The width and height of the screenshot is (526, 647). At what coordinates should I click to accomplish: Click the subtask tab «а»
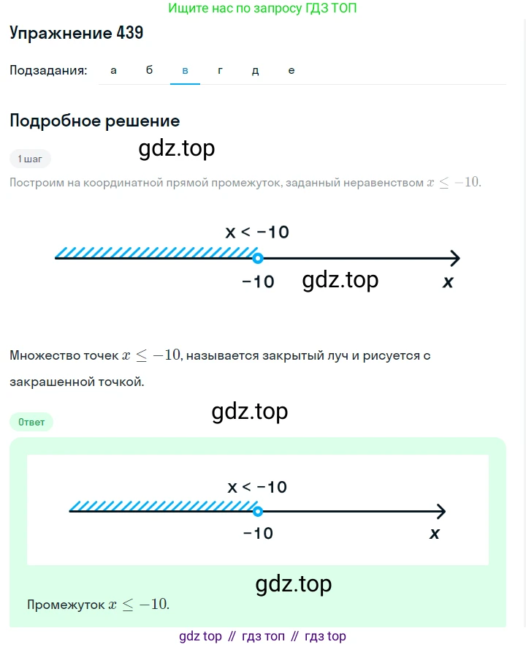pyautogui.click(x=113, y=71)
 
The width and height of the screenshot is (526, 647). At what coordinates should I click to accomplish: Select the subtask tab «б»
pyautogui.click(x=149, y=69)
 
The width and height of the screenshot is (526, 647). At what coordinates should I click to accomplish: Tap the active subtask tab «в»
pyautogui.click(x=185, y=71)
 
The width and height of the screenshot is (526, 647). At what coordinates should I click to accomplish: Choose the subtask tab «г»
pyautogui.click(x=220, y=71)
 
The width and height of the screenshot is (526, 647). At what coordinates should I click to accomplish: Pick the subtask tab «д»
pyautogui.click(x=256, y=71)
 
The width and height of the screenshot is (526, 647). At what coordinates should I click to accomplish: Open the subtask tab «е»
pyautogui.click(x=291, y=71)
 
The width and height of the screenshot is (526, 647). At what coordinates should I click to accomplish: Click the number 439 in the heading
pyautogui.click(x=130, y=33)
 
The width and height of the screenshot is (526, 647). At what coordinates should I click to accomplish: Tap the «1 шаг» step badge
pyautogui.click(x=30, y=159)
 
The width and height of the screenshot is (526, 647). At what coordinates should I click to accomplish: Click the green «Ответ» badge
pyautogui.click(x=31, y=422)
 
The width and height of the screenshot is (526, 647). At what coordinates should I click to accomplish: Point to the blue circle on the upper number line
pyautogui.click(x=258, y=258)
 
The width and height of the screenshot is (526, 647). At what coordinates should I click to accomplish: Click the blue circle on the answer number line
pyautogui.click(x=258, y=512)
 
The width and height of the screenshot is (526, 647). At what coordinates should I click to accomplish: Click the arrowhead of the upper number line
pyautogui.click(x=459, y=258)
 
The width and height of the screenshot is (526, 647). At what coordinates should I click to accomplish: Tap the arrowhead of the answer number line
pyautogui.click(x=445, y=512)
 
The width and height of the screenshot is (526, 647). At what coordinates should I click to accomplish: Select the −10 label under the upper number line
pyautogui.click(x=258, y=281)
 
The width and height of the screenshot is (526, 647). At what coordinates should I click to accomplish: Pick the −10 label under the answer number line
pyautogui.click(x=258, y=534)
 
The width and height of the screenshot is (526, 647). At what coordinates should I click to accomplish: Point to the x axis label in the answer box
pyautogui.click(x=435, y=534)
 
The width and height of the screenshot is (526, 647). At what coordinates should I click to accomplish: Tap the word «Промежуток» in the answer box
pyautogui.click(x=66, y=605)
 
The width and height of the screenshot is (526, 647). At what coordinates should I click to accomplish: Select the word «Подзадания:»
pyautogui.click(x=48, y=71)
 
